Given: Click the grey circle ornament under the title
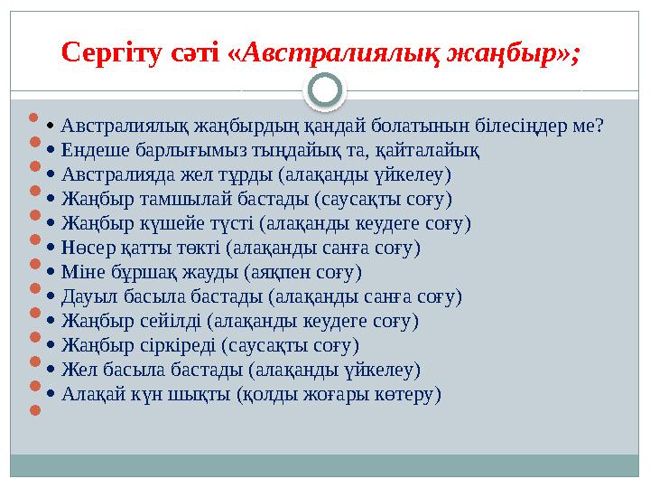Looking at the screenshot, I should pyautogui.click(x=325, y=90).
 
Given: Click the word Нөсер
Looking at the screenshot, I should pyautogui.click(x=87, y=248).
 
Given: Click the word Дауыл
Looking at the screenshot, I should pyautogui.click(x=87, y=296).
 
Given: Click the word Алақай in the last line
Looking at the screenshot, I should pyautogui.click(x=93, y=394).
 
